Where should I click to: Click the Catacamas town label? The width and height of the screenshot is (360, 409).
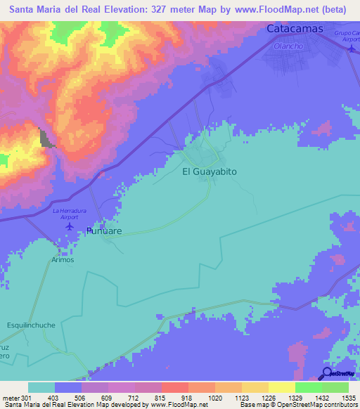(x=295, y=29)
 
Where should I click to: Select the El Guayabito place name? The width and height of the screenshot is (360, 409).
(x=210, y=171)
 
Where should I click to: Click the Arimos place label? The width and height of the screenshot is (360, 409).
(x=62, y=259)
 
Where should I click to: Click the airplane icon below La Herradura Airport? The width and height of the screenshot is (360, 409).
(x=70, y=226)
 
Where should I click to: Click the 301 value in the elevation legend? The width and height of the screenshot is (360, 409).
(x=27, y=398)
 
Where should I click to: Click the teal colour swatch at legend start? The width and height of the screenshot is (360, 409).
(x=41, y=387)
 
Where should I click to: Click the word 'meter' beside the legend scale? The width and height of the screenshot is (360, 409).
(x=11, y=398)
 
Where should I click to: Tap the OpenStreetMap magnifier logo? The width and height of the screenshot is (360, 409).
(x=327, y=373)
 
